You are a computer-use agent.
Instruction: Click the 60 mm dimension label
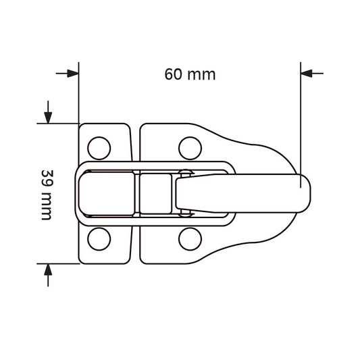pos(190,74)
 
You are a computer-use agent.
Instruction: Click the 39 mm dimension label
pos(47,195)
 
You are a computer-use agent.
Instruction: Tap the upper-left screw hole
pos(99,148)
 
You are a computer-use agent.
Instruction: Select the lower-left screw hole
pos(99,239)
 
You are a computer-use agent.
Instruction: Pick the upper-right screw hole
pos(190,148)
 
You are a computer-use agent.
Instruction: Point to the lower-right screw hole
pos(190,239)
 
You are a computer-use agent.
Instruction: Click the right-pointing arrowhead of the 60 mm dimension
pos(73,74)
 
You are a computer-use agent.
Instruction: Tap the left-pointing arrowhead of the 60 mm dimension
pos(306,74)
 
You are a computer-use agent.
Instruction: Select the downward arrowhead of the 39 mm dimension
pos(48,118)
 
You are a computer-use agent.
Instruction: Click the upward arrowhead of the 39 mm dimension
pos(48,269)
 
